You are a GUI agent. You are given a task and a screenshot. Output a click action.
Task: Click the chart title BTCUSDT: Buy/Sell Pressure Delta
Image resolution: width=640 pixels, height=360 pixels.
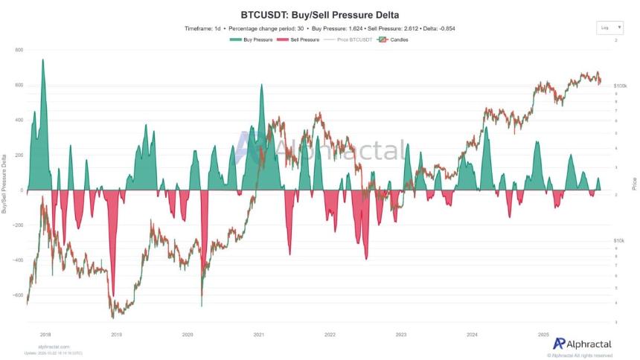[319, 14]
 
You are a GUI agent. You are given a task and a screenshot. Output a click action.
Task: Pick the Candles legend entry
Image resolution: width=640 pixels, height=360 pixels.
[392, 39]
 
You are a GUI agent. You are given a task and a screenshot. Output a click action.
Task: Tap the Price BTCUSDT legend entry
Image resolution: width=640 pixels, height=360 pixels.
[349, 39]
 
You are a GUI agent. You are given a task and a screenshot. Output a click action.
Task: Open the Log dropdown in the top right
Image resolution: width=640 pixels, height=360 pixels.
[608, 28]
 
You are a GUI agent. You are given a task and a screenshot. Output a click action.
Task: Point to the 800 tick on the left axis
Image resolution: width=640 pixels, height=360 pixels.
[19, 50]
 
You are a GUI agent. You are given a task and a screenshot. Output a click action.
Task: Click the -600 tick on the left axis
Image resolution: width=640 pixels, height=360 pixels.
[18, 295]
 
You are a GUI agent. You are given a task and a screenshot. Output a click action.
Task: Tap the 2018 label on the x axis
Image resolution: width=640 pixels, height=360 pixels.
[45, 335]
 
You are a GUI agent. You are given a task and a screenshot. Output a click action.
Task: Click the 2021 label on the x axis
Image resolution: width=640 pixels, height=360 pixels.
[259, 335]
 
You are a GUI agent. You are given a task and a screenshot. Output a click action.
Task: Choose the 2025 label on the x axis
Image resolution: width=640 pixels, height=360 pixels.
[543, 335]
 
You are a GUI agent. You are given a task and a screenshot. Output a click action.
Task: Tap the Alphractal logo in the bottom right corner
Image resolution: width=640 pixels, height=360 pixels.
[582, 344]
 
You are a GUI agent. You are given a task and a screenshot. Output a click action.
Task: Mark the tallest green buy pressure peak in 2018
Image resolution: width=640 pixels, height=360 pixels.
[42, 60]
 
